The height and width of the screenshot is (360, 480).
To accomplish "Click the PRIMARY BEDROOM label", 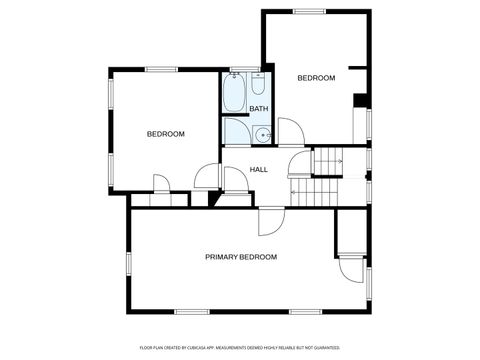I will pos(241,257).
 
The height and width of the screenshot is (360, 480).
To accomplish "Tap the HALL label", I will pos(259,169).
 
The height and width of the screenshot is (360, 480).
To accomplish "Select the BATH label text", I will pos(259,109).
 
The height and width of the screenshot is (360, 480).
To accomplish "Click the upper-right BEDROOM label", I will pos(316,77).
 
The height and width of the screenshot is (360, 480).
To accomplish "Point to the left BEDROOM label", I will pos(166,134).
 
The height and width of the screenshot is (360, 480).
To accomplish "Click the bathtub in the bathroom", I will pos(236,95).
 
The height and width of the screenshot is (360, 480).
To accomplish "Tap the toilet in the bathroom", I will pos(257,84).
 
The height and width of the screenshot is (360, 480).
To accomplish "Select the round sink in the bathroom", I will pos(262,135).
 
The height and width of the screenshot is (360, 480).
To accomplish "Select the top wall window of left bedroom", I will pos(160,69).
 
